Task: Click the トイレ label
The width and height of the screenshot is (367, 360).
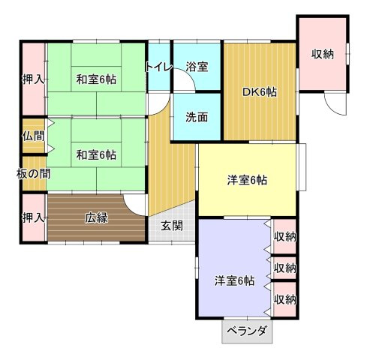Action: point(159,67)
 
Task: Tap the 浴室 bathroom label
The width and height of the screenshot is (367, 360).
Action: point(197,67)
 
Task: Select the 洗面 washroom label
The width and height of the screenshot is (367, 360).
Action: point(197,117)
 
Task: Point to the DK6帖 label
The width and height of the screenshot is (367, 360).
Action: point(260,92)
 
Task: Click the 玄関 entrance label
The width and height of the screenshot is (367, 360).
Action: point(172,226)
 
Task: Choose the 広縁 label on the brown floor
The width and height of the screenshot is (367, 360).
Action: point(96,217)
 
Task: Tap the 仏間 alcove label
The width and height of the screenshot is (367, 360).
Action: point(34,136)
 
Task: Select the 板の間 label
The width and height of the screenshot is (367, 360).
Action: point(34,174)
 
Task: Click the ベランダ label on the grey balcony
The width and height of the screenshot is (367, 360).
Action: point(247,331)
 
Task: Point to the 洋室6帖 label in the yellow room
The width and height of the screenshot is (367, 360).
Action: point(247,180)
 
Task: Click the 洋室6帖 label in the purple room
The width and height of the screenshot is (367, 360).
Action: point(235,280)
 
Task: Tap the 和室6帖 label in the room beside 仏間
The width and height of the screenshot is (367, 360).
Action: point(96,155)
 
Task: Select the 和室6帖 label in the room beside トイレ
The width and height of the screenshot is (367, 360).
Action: point(96,79)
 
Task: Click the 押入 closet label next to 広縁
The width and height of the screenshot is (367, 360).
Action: point(34,218)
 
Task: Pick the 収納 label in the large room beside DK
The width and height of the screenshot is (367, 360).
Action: point(323,54)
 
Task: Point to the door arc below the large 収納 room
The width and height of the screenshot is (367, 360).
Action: point(330,110)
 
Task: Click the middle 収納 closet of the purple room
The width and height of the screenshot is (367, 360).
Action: point(285,268)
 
